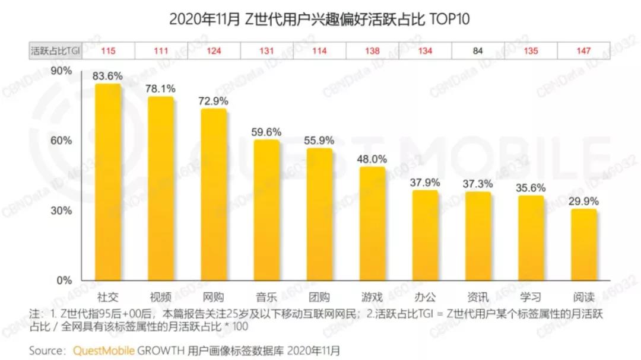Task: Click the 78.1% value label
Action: click(160, 88)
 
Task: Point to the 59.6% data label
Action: click(266, 132)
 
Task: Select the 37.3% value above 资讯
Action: click(478, 184)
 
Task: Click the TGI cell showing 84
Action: click(478, 51)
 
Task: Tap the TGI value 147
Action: click(584, 51)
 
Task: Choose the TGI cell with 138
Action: click(372, 51)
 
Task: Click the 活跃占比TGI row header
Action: click(55, 51)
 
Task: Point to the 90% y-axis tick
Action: click(62, 71)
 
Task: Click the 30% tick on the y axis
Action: click(62, 211)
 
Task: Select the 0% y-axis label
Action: click(64, 280)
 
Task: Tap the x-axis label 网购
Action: click(214, 297)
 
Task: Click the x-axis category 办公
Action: click(425, 297)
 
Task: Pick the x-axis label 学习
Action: click(531, 297)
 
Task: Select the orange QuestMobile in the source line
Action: click(104, 350)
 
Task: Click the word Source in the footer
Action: click(47, 350)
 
